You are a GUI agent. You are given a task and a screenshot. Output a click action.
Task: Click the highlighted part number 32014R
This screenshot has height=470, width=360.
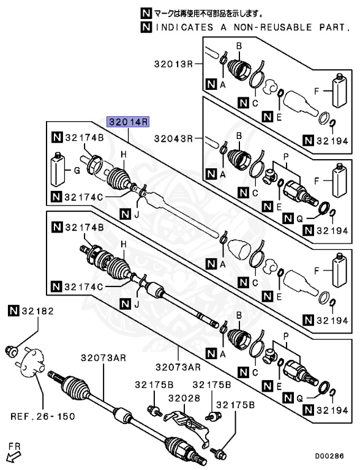(129, 122)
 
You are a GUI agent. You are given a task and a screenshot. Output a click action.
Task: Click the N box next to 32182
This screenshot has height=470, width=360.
(13, 311)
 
